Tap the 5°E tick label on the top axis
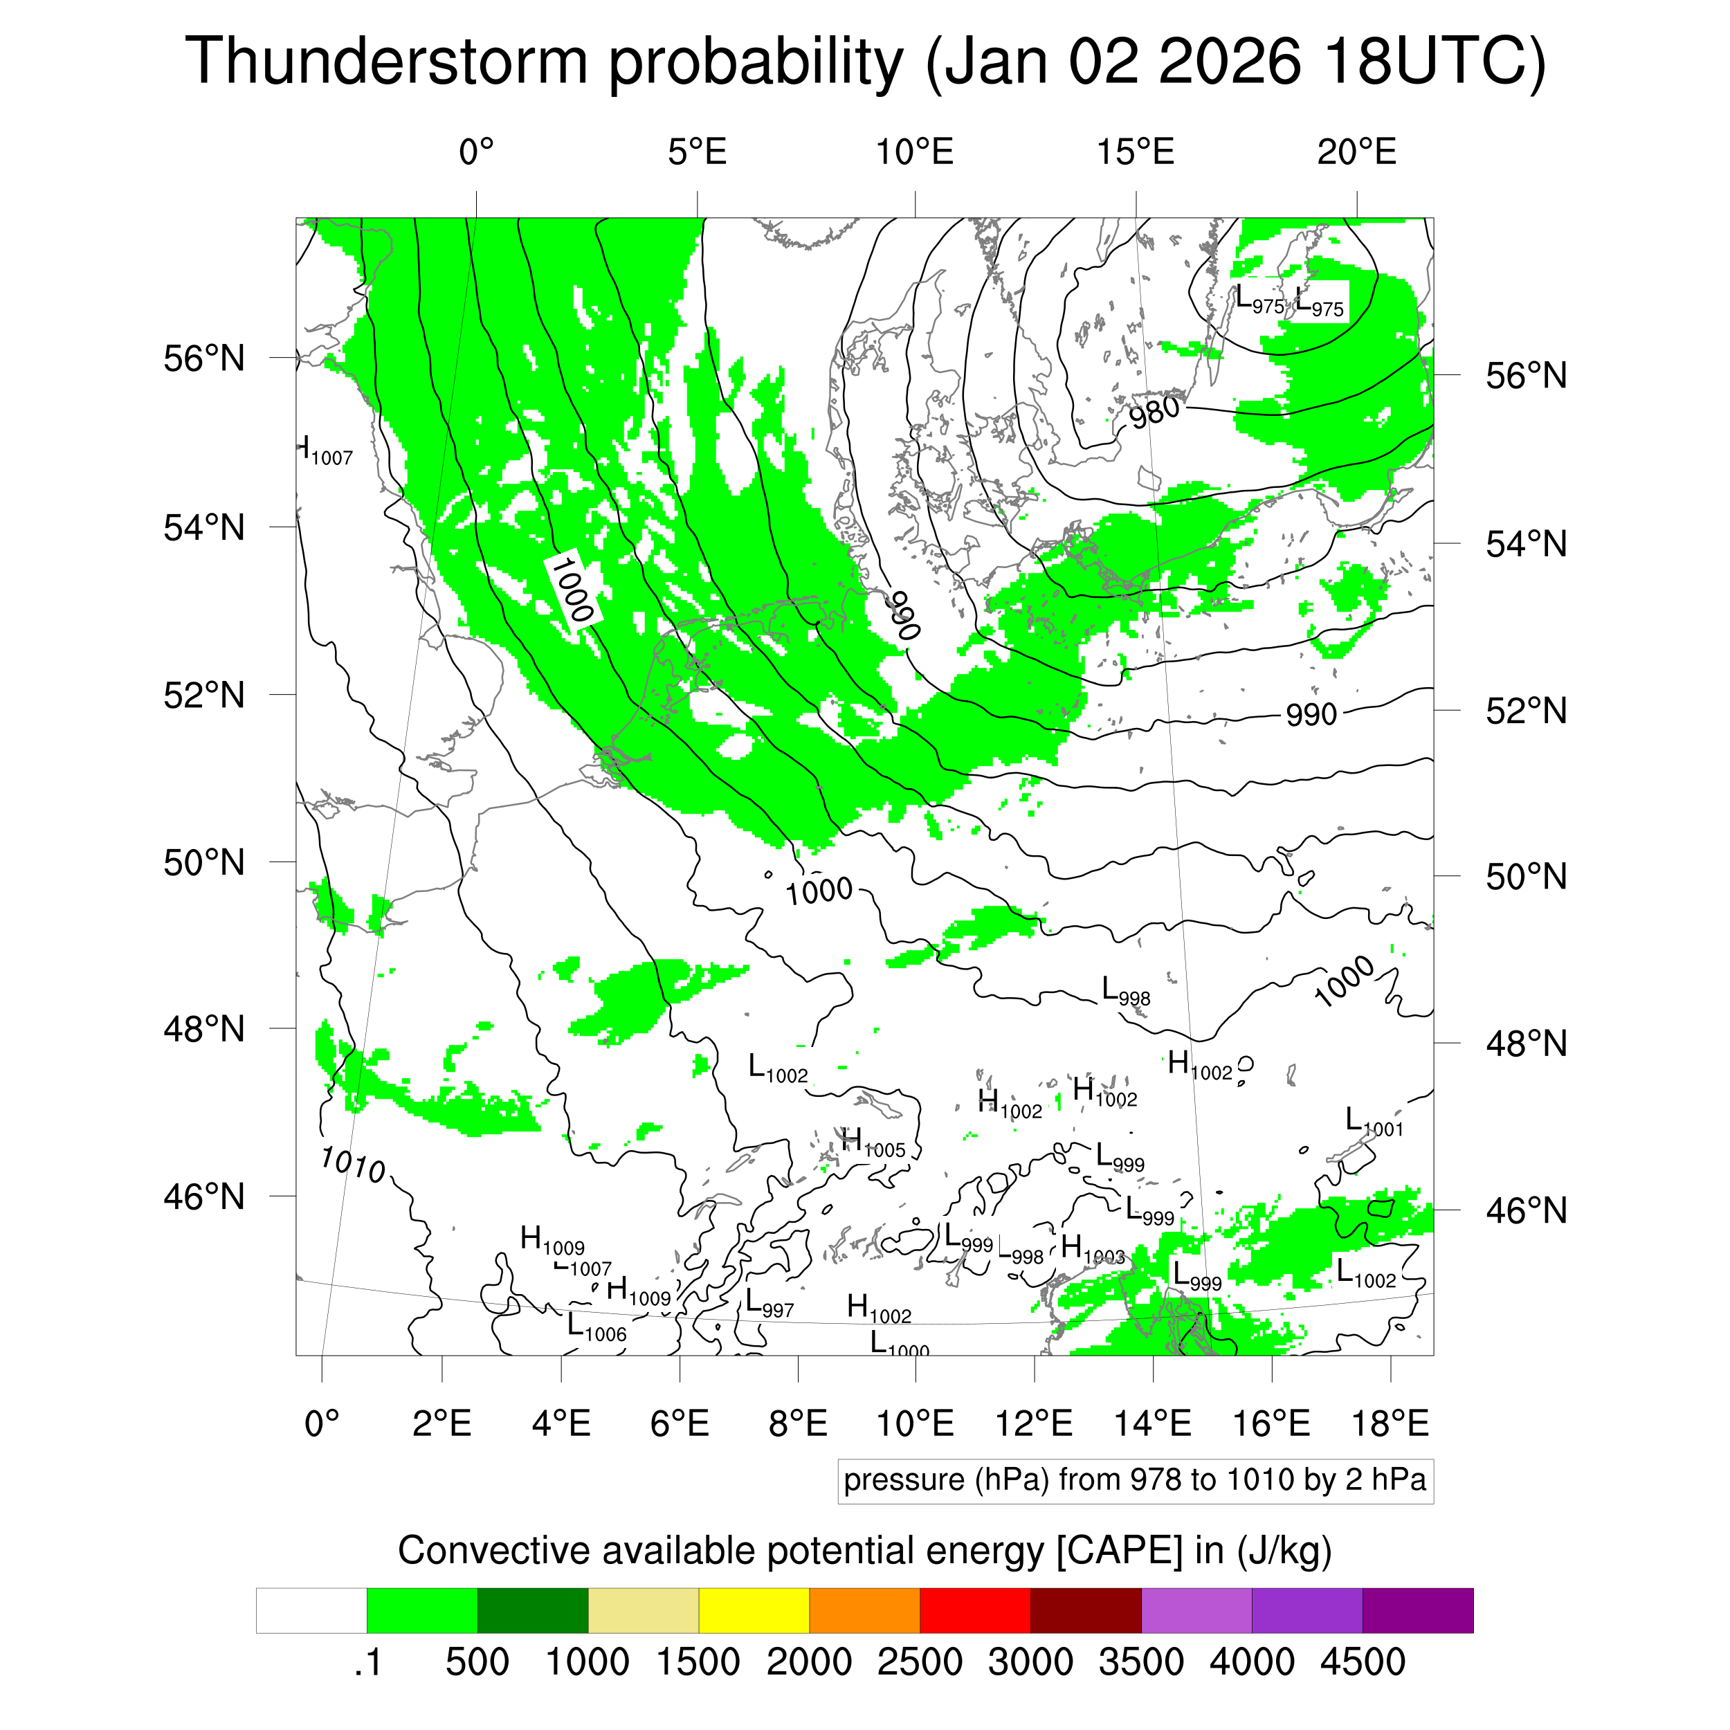click(x=697, y=152)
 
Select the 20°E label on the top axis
click(x=1356, y=152)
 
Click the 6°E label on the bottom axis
click(x=680, y=1423)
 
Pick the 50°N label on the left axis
click(x=204, y=862)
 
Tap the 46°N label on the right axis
click(x=1526, y=1210)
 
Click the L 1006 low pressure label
click(x=597, y=1328)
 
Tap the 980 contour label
click(x=1154, y=413)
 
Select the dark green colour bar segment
click(x=532, y=1610)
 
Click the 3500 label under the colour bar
click(x=1141, y=1662)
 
